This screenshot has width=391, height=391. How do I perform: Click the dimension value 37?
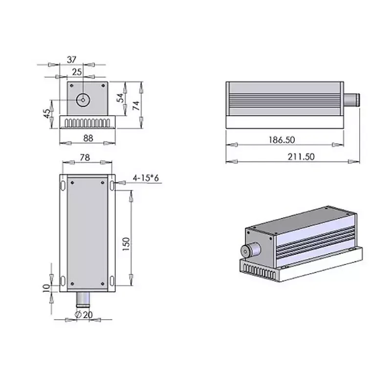[x=72, y=60]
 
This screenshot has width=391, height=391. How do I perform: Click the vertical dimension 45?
[x=47, y=114]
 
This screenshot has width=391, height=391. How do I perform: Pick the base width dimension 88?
[x=88, y=138]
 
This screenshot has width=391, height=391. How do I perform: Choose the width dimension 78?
[x=85, y=157]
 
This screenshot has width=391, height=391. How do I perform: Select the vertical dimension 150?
[x=126, y=243]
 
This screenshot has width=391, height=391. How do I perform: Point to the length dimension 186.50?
[x=282, y=140]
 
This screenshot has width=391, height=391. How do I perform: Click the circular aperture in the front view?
[x=84, y=100]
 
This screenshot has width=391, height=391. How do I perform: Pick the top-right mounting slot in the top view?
[x=112, y=185]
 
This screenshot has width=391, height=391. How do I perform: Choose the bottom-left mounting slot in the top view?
[x=62, y=281]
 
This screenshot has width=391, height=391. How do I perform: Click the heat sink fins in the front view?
[x=87, y=122]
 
